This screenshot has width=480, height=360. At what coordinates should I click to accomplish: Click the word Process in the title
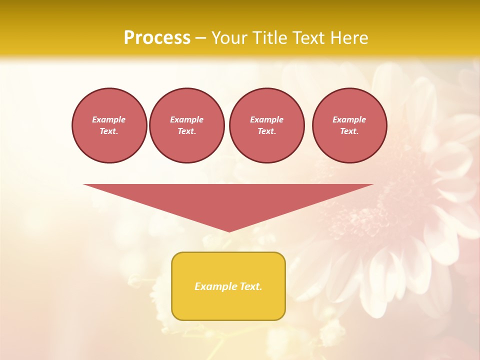(157, 38)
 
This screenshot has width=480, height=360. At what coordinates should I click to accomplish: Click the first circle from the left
(109, 125)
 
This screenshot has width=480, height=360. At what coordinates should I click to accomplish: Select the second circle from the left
(187, 125)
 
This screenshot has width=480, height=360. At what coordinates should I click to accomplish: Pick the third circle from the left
(266, 125)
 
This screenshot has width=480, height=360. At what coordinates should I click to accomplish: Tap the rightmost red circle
(349, 125)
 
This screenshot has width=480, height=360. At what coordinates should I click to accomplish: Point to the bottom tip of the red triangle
(229, 231)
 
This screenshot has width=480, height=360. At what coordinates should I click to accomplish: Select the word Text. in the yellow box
(250, 286)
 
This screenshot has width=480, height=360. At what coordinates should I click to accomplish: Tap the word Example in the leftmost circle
(109, 119)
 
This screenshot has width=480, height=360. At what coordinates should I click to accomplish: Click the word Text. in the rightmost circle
(349, 131)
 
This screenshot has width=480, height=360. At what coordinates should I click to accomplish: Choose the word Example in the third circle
(266, 119)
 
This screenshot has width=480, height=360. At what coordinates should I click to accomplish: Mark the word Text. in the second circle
(187, 131)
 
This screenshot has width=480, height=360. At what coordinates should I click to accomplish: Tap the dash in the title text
(200, 38)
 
